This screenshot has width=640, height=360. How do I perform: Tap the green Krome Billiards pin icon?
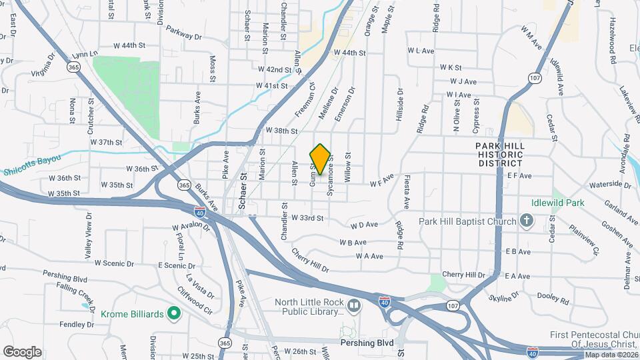pyautogui.click(x=174, y=313)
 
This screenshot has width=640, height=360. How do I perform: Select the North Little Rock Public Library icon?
pyautogui.click(x=353, y=306)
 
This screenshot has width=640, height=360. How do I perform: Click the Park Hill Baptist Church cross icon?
pyautogui.click(x=526, y=221)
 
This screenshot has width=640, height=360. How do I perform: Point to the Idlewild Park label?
pyautogui.click(x=540, y=202)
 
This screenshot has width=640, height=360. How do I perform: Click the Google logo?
pyautogui.click(x=22, y=352)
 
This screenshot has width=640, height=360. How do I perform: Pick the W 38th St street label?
pyautogui.click(x=281, y=131)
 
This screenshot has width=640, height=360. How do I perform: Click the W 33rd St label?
pyautogui.click(x=307, y=218)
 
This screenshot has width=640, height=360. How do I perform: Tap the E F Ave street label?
pyautogui.click(x=519, y=176)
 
